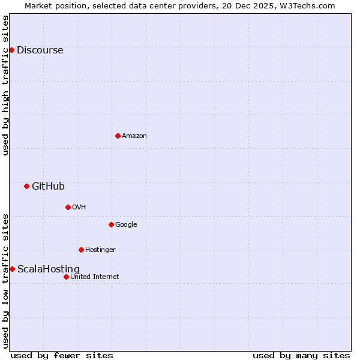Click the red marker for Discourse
tap(11, 50)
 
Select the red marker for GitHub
tap(26, 186)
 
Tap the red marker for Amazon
tap(118, 136)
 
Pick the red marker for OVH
tap(68, 207)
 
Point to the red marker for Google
tap(111, 224)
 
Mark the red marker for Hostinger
tap(81, 250)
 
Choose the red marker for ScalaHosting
tap(12, 269)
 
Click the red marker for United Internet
tap(66, 277)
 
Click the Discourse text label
tap(40, 50)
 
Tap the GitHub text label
tap(48, 187)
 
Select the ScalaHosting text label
tap(48, 269)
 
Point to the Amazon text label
tap(134, 136)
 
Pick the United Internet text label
tap(95, 277)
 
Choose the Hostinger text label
tap(100, 250)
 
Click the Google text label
tap(126, 225)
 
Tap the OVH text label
tap(79, 208)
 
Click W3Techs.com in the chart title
tap(305, 6)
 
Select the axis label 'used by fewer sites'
tap(62, 355)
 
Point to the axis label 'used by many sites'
tap(301, 355)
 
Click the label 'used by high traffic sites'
tap(6, 85)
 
